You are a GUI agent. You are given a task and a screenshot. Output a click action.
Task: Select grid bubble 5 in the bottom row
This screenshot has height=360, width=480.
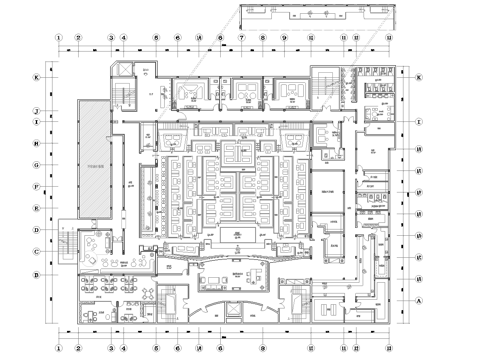[x=156, y=348]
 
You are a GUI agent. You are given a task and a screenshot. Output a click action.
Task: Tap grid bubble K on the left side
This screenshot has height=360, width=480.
[x=37, y=77]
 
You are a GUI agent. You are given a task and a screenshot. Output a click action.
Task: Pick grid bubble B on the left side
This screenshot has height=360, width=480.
[x=37, y=273]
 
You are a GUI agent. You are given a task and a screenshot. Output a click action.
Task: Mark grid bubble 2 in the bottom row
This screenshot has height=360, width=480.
[x=76, y=348]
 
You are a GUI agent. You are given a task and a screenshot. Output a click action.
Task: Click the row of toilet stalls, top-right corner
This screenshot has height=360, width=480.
[x=381, y=86]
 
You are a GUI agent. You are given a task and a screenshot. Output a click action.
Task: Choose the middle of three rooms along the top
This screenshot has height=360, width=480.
[x=239, y=92]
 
